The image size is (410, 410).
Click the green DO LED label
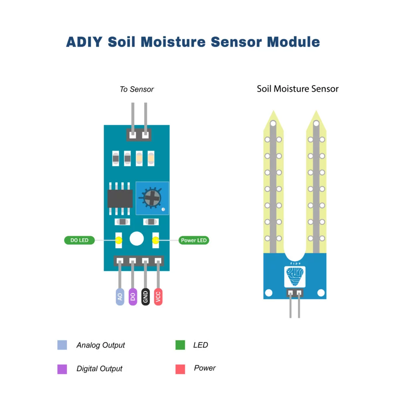[x=79, y=240]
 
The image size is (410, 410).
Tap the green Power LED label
[x=194, y=240]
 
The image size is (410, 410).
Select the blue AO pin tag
[x=120, y=296]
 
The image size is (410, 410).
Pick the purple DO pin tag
[x=133, y=296]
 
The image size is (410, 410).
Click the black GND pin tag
[x=145, y=296]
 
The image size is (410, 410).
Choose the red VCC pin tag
[x=158, y=296]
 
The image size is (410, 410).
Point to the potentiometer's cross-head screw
[x=152, y=197]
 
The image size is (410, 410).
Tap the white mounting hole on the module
[x=137, y=239]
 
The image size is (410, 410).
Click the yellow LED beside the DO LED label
[x=119, y=240]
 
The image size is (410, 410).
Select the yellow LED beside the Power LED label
[x=155, y=240]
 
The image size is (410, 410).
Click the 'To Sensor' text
[x=137, y=89]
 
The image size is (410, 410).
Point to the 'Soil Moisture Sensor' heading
[x=297, y=89]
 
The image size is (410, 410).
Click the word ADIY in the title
[x=84, y=42]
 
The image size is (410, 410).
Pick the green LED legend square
[x=180, y=345]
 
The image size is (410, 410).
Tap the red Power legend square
[x=180, y=369]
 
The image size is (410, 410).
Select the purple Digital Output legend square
[x=62, y=369]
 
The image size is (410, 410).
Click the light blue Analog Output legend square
[x=62, y=345]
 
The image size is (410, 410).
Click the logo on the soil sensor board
[x=295, y=277]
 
